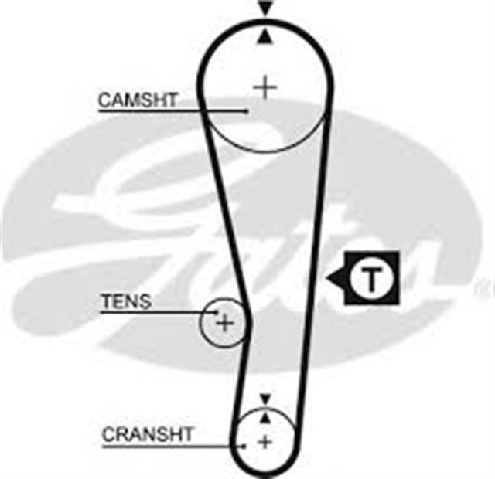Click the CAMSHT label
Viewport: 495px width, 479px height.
pyautogui.click(x=138, y=100)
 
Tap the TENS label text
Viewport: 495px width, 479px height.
pyautogui.click(x=126, y=301)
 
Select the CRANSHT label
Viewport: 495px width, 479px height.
pyautogui.click(x=147, y=434)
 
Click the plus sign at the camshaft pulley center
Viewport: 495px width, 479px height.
pyautogui.click(x=265, y=87)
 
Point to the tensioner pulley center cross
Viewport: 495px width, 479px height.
pyautogui.click(x=224, y=323)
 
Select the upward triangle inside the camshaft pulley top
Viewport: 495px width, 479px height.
pyautogui.click(x=265, y=36)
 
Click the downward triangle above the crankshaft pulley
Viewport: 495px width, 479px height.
pyautogui.click(x=265, y=399)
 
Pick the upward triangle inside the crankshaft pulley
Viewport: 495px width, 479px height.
pyautogui.click(x=265, y=418)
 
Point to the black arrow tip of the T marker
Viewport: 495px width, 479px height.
pyautogui.click(x=326, y=278)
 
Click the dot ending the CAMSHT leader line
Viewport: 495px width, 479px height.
pyautogui.click(x=247, y=111)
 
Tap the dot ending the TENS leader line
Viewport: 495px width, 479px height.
pyautogui.click(x=217, y=312)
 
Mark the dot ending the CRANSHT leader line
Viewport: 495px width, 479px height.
pyautogui.click(x=244, y=447)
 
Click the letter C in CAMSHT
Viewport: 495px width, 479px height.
pyautogui.click(x=105, y=100)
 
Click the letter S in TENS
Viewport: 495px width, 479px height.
pyautogui.click(x=145, y=301)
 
